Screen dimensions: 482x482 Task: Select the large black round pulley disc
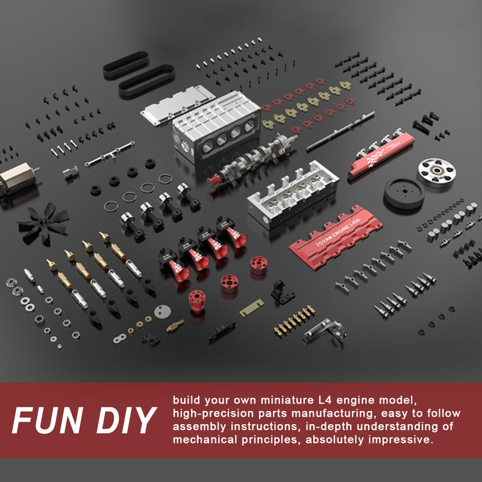(x=404, y=193)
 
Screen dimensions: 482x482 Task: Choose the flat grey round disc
(x=162, y=311)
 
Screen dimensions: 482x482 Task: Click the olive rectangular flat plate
(x=252, y=310)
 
